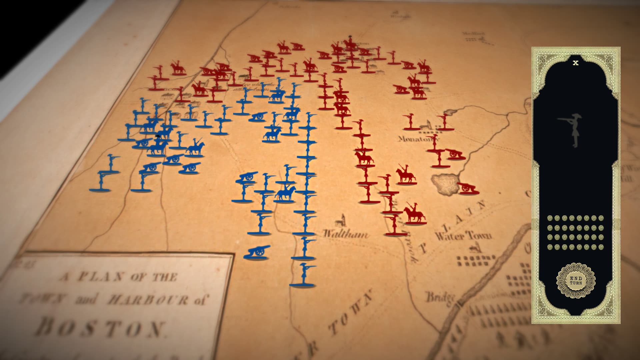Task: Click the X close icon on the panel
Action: pos(575,63)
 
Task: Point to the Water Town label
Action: pos(463,236)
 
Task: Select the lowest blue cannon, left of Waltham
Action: pos(257,252)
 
